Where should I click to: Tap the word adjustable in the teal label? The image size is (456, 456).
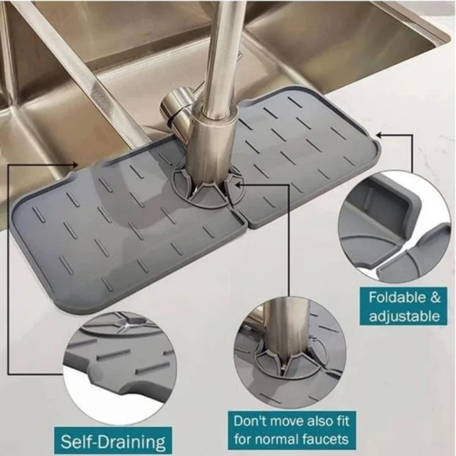pyautogui.click(x=404, y=316)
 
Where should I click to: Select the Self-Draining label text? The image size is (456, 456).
pyautogui.click(x=113, y=442)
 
